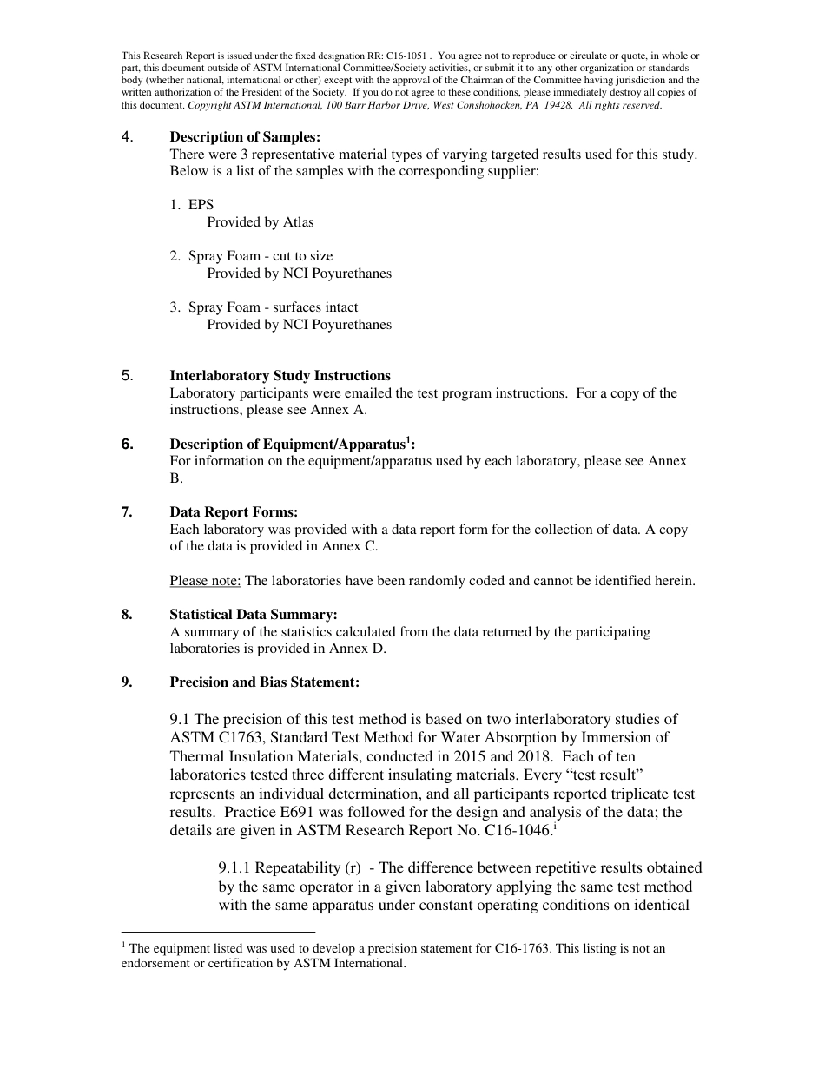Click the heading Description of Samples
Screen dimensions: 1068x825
click(x=245, y=137)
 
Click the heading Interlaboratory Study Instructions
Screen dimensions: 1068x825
click(x=280, y=376)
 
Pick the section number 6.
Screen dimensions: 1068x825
click(x=128, y=445)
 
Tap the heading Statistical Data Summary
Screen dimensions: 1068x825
click(x=254, y=615)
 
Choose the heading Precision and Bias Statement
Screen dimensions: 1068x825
click(x=264, y=682)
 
